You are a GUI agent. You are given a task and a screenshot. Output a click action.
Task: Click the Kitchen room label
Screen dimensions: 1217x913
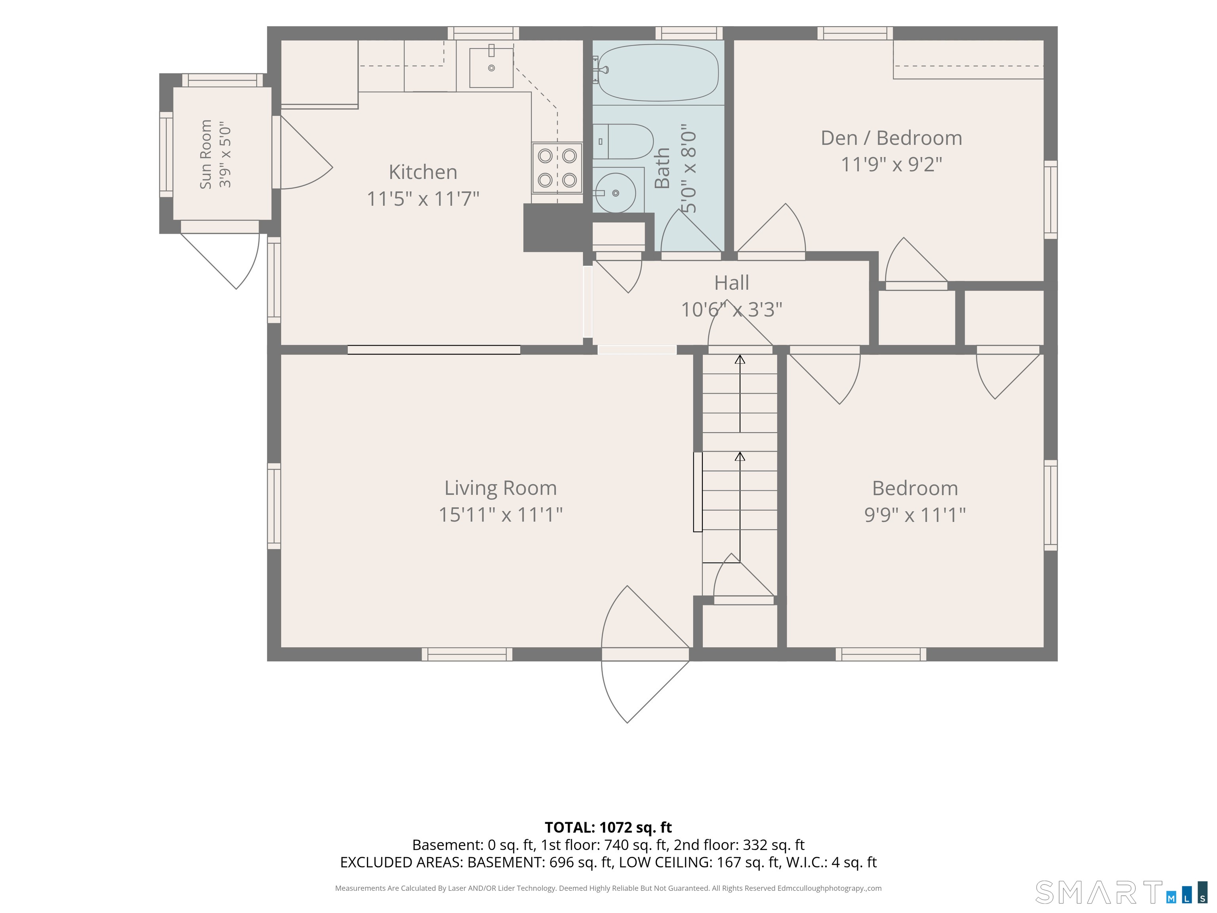click(423, 172)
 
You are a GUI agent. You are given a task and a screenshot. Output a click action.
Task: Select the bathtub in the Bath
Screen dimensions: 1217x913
click(658, 73)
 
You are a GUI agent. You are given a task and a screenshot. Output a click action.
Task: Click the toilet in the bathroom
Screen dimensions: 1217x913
click(623, 141)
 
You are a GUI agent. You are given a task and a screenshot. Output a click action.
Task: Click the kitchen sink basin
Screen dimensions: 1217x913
click(491, 67)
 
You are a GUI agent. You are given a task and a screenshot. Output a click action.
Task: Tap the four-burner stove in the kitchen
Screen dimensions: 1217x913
click(557, 168)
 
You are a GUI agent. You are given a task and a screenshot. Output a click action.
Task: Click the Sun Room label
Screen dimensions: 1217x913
click(206, 155)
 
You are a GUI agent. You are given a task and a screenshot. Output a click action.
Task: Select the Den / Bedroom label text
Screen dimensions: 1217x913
click(891, 138)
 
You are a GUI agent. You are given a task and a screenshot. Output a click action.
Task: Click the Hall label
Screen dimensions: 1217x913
click(731, 283)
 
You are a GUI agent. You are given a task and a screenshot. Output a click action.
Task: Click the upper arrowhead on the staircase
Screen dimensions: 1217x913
click(740, 359)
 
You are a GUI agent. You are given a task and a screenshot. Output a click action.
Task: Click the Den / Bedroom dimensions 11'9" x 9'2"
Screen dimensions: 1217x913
click(891, 164)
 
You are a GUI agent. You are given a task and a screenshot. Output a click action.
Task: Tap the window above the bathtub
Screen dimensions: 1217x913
click(689, 33)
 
